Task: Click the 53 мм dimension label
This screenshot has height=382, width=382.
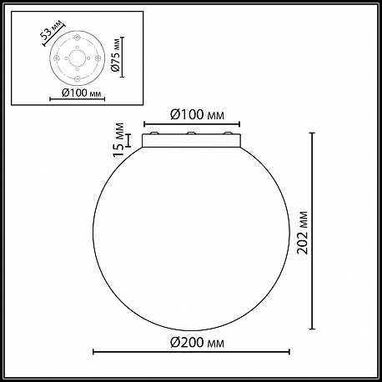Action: pos(50,30)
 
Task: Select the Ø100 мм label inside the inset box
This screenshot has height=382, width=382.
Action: pos(81,93)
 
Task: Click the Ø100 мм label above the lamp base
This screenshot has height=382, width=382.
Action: pos(197,114)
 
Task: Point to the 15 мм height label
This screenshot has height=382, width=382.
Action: pos(118,140)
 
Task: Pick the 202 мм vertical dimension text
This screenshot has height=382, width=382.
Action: pos(303,233)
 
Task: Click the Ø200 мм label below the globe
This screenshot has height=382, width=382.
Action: pos(197,343)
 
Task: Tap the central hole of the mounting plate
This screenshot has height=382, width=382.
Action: pos(78,58)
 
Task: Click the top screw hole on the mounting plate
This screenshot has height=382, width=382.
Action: pos(78,37)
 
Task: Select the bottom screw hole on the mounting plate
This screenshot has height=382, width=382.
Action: pos(78,79)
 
